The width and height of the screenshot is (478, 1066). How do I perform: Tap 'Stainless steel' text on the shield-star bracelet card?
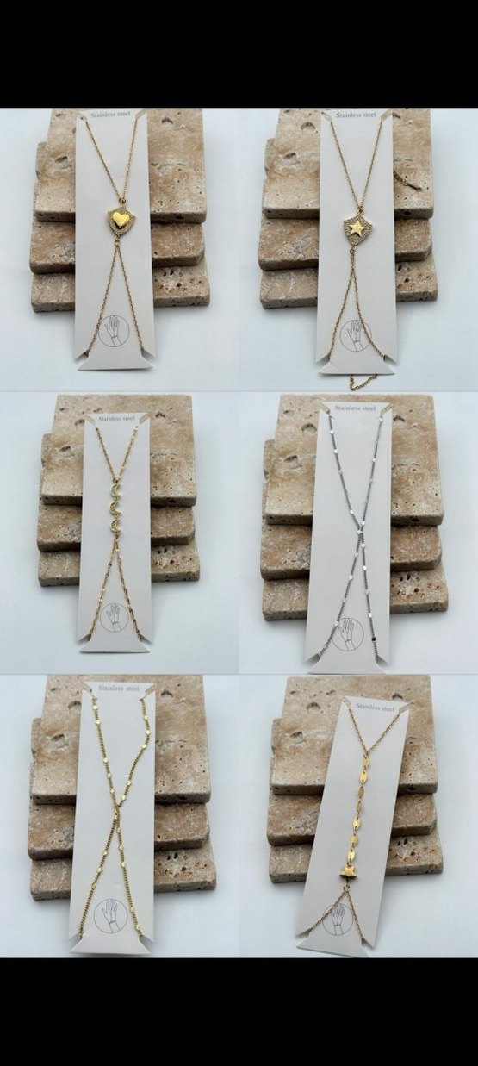point(356,115)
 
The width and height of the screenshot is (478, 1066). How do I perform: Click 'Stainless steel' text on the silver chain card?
point(356,408)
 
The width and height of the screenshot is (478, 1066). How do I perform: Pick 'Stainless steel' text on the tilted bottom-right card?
point(376,708)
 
